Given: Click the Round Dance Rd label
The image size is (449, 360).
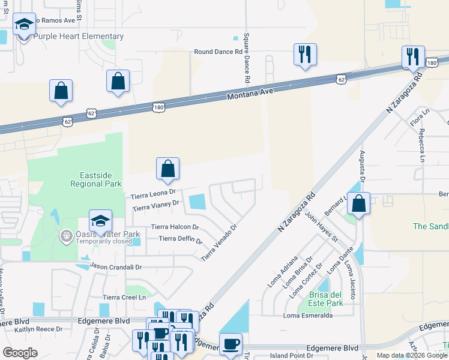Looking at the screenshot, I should pyautogui.click(x=218, y=52).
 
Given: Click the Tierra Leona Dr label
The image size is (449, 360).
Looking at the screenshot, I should pyautogui.click(x=152, y=195).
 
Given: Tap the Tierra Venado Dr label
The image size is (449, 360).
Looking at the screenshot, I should pyautogui.click(x=220, y=242).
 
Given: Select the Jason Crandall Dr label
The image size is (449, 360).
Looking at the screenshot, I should pyautogui.click(x=115, y=265).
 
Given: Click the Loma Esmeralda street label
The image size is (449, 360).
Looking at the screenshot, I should pyautogui.click(x=307, y=316).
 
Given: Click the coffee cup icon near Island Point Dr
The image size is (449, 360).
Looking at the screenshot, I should pyautogui.click(x=230, y=344).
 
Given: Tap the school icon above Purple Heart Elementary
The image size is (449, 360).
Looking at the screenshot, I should pyautogui.click(x=24, y=24).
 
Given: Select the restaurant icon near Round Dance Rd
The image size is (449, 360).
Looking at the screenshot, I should pyautogui.click(x=305, y=55).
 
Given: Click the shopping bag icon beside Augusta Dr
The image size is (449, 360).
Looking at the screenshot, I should pyautogui.click(x=358, y=203).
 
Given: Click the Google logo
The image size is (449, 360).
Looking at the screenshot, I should pyautogui.click(x=20, y=353).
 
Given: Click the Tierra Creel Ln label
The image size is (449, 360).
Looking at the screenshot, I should pyautogui.click(x=124, y=297).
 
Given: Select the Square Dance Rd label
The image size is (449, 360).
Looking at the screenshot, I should pyautogui.click(x=247, y=58).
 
